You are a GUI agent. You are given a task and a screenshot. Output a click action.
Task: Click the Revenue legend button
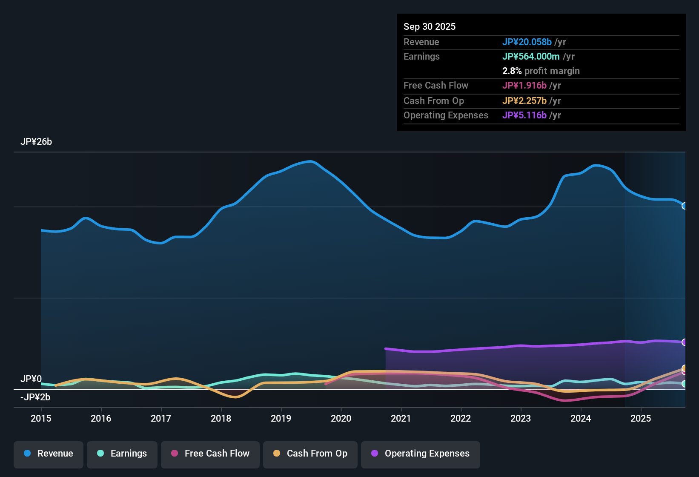49,454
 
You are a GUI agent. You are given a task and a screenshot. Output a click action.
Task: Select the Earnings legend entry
122,454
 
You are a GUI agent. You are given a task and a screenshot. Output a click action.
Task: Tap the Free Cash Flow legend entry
210,454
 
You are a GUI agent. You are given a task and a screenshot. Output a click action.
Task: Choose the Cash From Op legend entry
310,454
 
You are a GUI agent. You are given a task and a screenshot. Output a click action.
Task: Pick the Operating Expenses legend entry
421,454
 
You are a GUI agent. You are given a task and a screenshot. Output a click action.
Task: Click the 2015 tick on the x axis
41,418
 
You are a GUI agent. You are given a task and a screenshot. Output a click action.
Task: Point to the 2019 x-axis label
281,418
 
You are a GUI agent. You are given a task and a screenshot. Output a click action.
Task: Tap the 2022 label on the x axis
461,418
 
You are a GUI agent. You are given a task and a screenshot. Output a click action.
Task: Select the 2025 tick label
641,418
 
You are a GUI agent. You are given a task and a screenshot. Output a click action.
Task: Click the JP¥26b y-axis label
36,142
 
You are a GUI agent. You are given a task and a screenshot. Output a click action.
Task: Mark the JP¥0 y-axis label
31,379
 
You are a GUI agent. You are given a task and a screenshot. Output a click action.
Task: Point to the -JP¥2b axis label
35,397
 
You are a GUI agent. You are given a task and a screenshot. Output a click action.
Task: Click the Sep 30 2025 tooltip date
430,26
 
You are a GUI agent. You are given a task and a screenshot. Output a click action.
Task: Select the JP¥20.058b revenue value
527,42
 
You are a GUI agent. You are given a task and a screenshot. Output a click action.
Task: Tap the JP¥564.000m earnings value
531,56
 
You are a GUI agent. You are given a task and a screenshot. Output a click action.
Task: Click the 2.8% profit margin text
541,71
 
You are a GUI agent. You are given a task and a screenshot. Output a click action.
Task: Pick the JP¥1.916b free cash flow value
524,85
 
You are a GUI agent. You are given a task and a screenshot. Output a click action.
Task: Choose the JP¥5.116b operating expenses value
524,115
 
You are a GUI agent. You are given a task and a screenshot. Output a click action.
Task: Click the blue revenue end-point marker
685,206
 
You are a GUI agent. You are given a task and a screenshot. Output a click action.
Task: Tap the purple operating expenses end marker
685,342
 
